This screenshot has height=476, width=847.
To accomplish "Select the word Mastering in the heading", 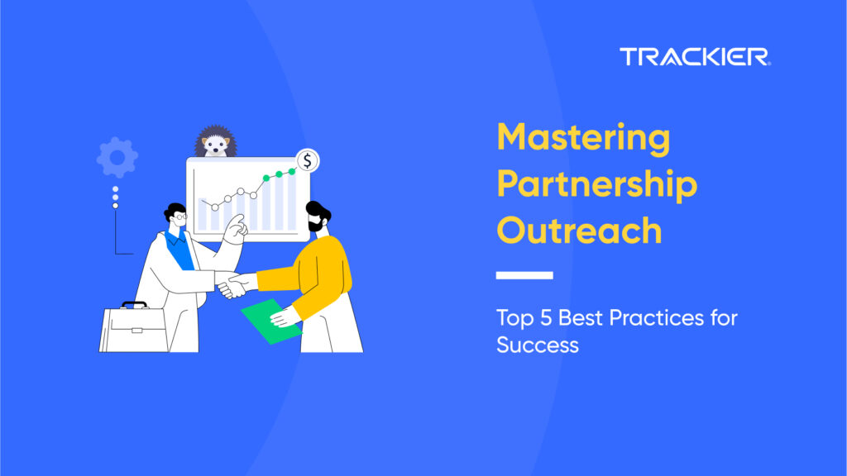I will point(583,137).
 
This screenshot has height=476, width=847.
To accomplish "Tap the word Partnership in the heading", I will point(596,185).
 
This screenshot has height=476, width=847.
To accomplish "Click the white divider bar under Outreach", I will point(524,275).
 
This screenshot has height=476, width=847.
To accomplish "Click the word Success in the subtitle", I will point(538,344).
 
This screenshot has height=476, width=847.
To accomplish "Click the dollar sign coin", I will point(307,161).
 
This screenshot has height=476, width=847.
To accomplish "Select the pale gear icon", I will point(117,157).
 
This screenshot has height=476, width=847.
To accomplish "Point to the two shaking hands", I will point(233,284).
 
